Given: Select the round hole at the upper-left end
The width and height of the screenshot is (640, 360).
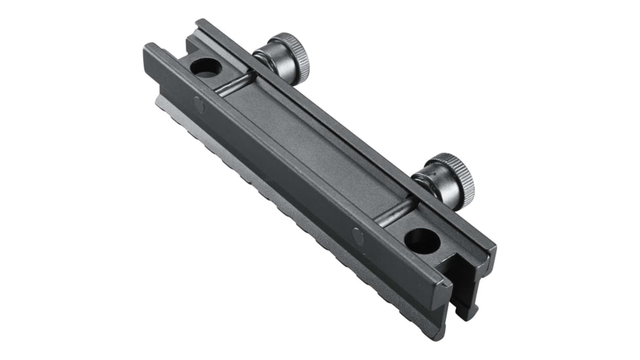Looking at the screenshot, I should coord(205,67).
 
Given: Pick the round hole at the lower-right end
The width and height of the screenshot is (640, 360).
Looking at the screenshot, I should coord(421,241).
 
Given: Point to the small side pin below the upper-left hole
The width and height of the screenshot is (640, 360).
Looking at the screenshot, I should coord(198,103).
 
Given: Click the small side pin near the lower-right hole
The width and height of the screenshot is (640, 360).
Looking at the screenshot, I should coord(357,236).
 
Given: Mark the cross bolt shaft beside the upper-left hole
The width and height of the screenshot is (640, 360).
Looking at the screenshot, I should coord(236,84).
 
